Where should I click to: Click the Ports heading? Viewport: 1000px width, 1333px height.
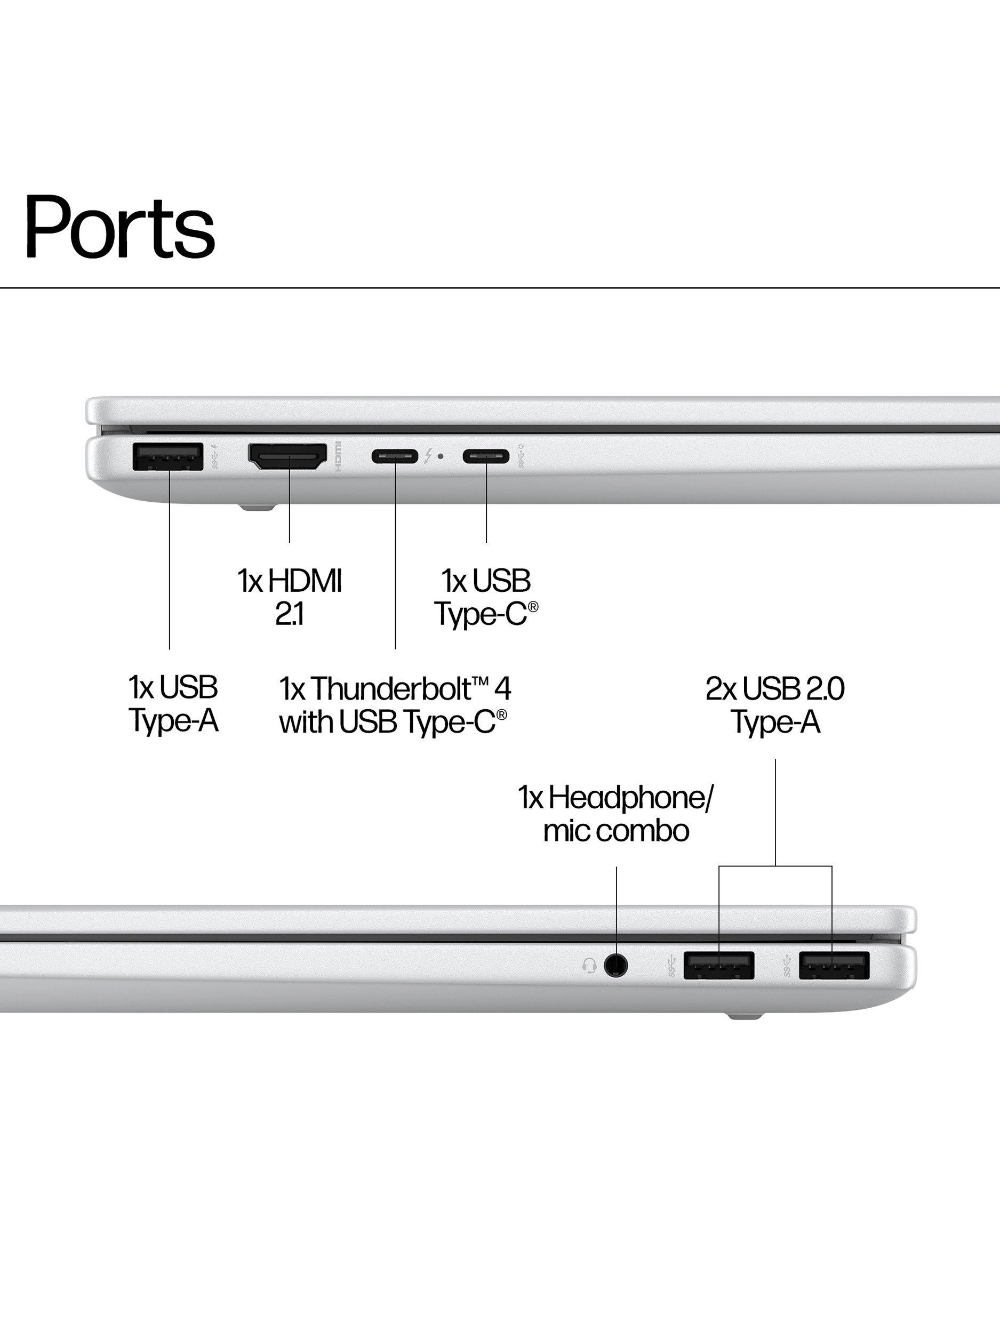[119, 227]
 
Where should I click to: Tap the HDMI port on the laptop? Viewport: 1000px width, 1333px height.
[287, 457]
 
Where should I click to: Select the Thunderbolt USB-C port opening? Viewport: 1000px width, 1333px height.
[395, 456]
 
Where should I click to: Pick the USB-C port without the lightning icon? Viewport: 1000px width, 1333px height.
[486, 456]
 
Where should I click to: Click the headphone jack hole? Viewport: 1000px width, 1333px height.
[615, 966]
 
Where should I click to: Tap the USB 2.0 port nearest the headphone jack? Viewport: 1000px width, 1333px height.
[719, 966]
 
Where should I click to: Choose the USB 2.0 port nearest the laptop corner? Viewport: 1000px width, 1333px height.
[834, 966]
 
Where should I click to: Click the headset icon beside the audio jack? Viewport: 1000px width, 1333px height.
[589, 966]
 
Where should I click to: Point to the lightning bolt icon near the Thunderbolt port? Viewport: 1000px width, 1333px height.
[428, 456]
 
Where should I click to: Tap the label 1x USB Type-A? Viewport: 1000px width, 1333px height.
[173, 704]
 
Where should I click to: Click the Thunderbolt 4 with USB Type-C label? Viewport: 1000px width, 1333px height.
[395, 704]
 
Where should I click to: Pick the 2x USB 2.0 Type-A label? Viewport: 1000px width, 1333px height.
[775, 704]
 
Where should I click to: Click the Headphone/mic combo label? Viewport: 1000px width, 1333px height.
[615, 814]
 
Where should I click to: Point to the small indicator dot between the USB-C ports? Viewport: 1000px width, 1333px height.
[441, 456]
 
